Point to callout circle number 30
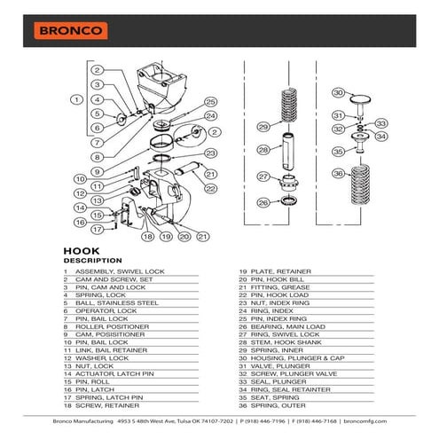point(337,92)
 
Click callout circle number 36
point(338,174)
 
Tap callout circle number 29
point(263,128)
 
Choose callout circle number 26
point(263,203)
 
